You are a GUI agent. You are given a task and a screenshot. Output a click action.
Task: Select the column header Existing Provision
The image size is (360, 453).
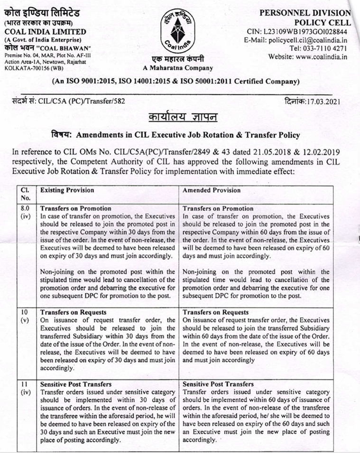pos(67,190)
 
